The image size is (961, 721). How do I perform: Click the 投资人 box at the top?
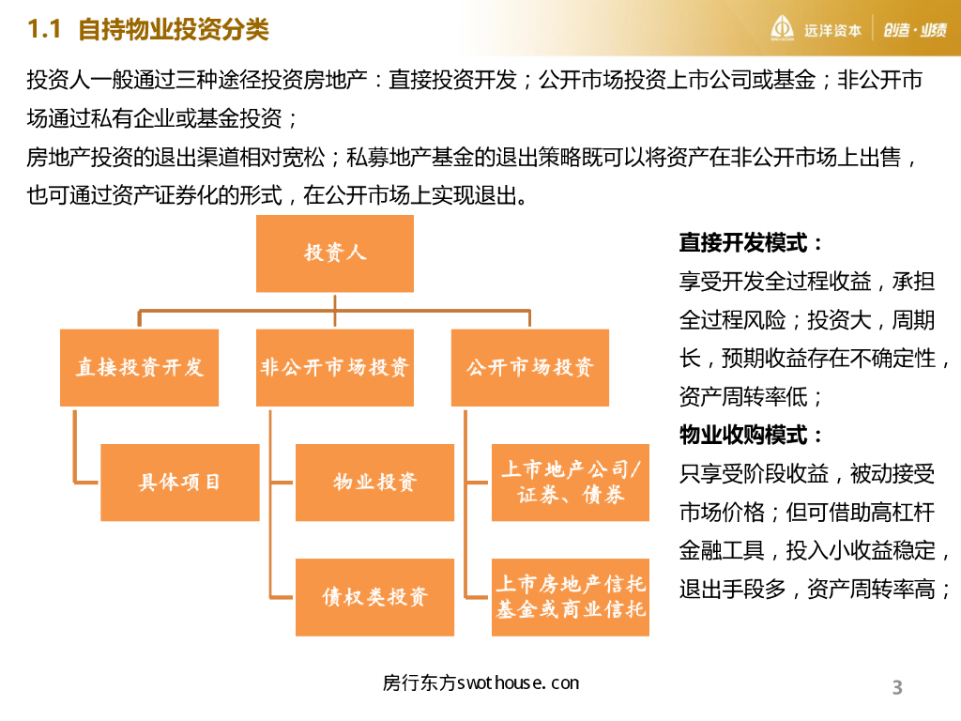click(335, 253)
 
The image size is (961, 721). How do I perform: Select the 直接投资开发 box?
click(139, 367)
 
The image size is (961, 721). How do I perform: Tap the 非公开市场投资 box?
click(335, 367)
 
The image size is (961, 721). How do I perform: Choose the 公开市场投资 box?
click(530, 367)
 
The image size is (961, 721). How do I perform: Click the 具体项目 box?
click(179, 483)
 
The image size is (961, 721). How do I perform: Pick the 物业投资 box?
click(374, 483)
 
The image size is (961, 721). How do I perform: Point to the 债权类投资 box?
click(374, 597)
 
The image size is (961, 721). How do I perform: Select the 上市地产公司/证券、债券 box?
click(571, 483)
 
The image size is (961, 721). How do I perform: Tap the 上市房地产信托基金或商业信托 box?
click(571, 597)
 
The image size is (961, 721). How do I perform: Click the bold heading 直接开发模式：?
click(752, 243)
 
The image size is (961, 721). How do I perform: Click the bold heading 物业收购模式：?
click(752, 436)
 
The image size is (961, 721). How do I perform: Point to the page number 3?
click(897, 687)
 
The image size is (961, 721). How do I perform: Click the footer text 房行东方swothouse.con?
click(481, 683)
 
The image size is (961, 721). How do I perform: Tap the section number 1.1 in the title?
click(45, 30)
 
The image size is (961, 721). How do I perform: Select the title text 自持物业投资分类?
click(174, 30)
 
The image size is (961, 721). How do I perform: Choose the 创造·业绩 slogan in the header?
click(914, 30)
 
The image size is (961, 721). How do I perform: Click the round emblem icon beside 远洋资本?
click(783, 29)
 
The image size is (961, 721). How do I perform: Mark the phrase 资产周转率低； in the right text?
click(752, 397)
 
